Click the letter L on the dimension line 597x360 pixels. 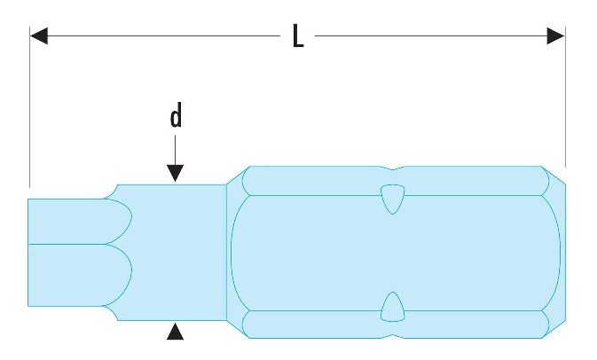tap(299, 36)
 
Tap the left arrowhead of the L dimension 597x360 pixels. tap(38, 36)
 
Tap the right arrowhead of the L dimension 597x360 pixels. tap(555, 36)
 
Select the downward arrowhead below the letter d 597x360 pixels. tap(177, 174)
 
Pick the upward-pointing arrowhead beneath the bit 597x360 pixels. tap(177, 332)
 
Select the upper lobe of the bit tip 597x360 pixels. tap(75, 220)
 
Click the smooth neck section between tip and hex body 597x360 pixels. tap(177, 253)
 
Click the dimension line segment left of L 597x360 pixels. tap(160, 36)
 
